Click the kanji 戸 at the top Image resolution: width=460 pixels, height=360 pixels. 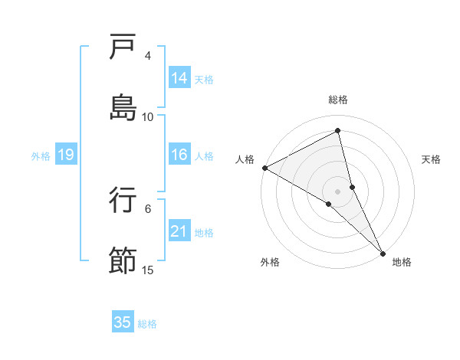click(x=123, y=47)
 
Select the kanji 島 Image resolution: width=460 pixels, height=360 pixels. click(x=123, y=107)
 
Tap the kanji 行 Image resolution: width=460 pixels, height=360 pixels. click(x=123, y=200)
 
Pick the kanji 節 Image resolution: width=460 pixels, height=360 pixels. click(x=123, y=260)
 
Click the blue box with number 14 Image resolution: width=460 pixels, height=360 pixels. click(x=179, y=77)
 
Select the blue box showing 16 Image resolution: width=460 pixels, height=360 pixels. click(x=179, y=155)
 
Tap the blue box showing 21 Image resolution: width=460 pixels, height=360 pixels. click(x=179, y=231)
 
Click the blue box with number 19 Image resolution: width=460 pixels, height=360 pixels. click(x=66, y=155)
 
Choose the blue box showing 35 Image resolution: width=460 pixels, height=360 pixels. click(x=123, y=322)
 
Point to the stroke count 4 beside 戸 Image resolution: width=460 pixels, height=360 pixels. click(x=148, y=56)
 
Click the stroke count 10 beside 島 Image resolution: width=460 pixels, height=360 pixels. click(x=148, y=116)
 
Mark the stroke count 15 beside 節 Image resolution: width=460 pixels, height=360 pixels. click(x=148, y=270)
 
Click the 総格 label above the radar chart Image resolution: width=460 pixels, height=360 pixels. click(x=338, y=100)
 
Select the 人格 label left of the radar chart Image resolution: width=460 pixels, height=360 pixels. click(x=245, y=159)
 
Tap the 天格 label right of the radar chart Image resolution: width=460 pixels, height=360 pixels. click(x=432, y=159)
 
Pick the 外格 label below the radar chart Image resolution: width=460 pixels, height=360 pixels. click(x=270, y=262)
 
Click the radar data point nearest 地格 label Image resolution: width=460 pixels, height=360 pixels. click(x=383, y=251)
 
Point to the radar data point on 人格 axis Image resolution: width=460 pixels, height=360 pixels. click(x=264, y=168)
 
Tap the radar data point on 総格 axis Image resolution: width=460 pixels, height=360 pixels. click(x=338, y=131)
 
